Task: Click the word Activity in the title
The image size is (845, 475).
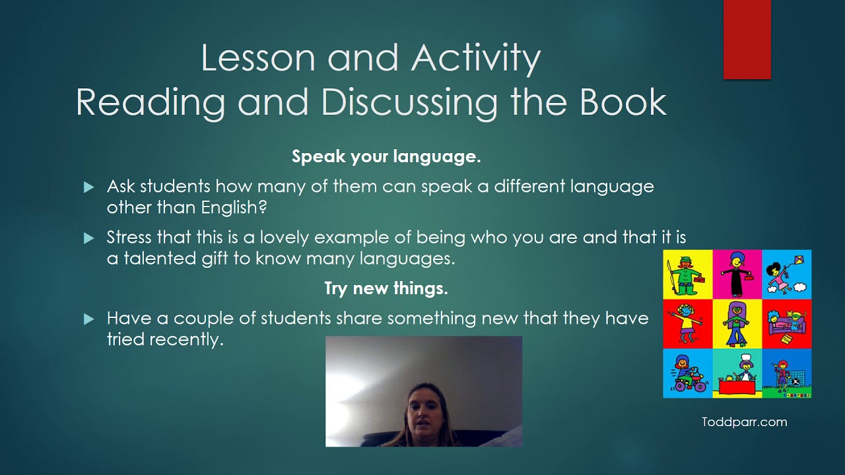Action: (475, 58)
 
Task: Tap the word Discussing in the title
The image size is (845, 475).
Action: (409, 102)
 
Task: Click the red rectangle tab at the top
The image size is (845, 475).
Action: (747, 40)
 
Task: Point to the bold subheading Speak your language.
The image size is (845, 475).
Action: (386, 157)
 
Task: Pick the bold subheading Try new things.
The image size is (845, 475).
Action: (386, 288)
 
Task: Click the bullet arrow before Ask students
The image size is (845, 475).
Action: (89, 188)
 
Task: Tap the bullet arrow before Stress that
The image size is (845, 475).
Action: (89, 239)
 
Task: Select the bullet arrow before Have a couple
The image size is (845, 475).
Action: (89, 320)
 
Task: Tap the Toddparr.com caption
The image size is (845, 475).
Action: (744, 422)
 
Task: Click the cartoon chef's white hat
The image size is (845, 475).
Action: (746, 359)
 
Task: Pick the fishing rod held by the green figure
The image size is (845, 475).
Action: (670, 274)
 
